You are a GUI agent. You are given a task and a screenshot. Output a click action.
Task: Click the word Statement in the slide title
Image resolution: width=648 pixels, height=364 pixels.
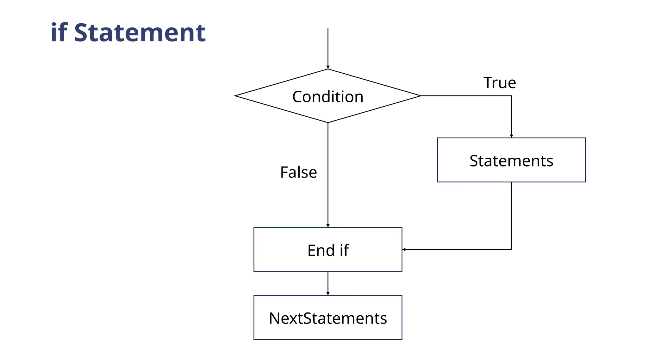140,33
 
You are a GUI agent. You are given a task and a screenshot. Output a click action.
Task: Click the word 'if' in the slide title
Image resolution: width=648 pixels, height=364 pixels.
59,33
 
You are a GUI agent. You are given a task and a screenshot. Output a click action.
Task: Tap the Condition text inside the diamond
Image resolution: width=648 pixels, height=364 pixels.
327,97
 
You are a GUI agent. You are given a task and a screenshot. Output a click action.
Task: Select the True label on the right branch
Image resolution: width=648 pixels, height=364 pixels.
500,83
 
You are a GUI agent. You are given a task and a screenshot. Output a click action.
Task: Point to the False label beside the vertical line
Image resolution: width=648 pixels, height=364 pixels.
298,173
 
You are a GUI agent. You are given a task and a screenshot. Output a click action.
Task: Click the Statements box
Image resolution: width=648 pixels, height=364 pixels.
511,160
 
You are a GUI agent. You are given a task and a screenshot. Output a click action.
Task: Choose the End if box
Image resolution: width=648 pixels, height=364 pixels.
327,250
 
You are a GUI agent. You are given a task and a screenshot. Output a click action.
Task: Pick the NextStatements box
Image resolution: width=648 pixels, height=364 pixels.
327,318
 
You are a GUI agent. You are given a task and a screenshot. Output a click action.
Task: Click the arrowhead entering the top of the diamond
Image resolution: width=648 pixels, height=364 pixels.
328,67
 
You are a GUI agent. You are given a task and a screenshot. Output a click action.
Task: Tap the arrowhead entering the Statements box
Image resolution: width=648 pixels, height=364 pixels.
511,136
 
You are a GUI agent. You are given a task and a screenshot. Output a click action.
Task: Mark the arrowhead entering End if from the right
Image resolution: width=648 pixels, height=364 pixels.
404,250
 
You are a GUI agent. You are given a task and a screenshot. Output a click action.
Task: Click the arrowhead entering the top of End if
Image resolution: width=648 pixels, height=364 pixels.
328,226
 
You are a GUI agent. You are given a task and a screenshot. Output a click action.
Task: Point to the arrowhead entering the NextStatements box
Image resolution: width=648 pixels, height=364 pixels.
328,294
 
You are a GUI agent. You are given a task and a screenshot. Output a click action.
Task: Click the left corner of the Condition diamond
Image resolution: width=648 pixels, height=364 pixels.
235,96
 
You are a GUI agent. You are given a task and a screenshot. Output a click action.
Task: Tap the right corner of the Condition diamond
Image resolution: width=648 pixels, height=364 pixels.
420,96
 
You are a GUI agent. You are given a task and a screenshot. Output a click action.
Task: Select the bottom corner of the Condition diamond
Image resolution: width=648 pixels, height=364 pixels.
328,122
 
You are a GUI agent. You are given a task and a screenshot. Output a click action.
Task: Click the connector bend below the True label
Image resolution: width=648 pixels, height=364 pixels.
511,96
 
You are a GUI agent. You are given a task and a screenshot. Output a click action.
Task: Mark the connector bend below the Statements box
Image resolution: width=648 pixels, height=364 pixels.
511,250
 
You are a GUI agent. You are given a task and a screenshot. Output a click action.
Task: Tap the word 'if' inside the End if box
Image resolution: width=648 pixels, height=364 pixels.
344,250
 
